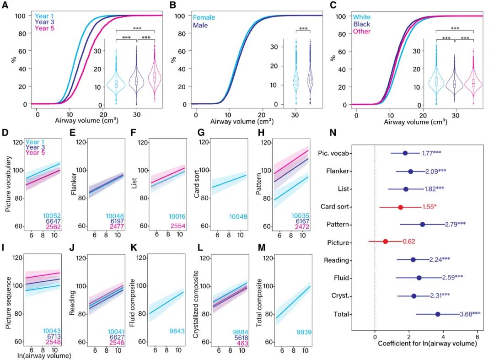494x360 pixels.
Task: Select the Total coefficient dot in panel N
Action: pyautogui.click(x=438, y=314)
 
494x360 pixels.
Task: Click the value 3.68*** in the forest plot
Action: pyautogui.click(x=470, y=314)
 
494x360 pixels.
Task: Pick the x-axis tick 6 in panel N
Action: pyautogui.click(x=478, y=333)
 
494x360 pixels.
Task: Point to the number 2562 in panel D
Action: pyautogui.click(x=53, y=227)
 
